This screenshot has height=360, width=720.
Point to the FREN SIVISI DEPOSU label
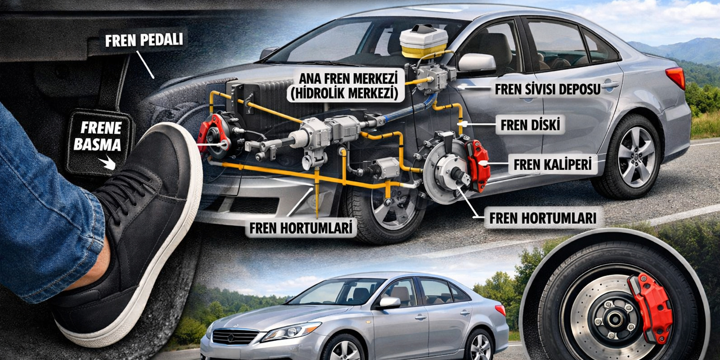click(x=547, y=89)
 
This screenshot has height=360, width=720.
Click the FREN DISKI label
click(x=530, y=125)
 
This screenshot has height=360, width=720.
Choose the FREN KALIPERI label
click(x=552, y=165)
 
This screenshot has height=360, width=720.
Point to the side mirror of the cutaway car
click(x=476, y=62)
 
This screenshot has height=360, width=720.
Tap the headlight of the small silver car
click(x=291, y=331)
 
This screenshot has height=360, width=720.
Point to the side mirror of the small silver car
click(x=389, y=303)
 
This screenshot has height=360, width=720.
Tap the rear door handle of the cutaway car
click(x=610, y=85)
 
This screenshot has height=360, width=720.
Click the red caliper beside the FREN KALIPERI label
click(x=479, y=165)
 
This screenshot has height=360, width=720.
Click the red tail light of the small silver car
click(x=500, y=310)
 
